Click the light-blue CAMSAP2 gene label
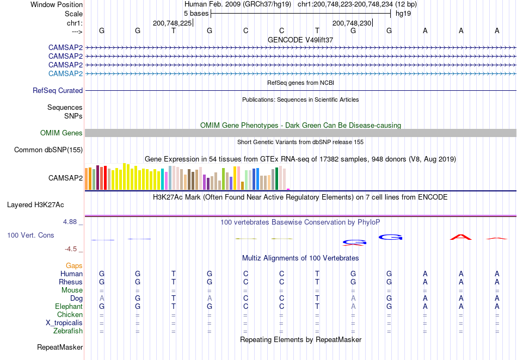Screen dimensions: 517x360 65,73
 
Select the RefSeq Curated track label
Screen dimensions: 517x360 58,91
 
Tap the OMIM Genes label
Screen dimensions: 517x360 61,133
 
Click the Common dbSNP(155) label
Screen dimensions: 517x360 48,150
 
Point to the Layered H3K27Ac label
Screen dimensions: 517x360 35,205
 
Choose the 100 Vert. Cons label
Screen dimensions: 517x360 30,235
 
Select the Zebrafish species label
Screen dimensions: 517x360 68,331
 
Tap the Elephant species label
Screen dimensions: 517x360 69,306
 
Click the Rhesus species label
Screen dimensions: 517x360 71,282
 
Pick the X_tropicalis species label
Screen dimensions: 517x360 64,323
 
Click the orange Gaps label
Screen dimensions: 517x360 74,265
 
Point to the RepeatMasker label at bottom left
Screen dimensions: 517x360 60,347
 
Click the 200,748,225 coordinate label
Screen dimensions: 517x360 172,23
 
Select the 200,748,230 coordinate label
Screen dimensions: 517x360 352,23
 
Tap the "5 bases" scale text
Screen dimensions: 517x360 196,14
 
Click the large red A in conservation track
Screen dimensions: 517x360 461,237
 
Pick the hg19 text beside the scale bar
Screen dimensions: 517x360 403,14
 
